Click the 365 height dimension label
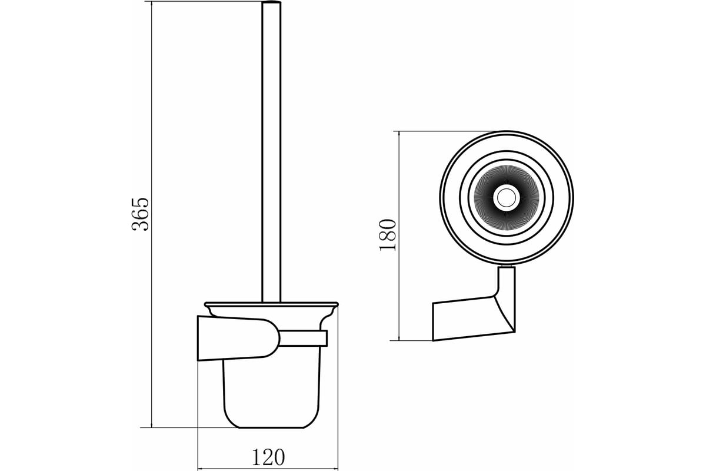click(x=140, y=214)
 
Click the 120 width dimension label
click(x=268, y=457)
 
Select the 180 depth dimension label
click(x=387, y=235)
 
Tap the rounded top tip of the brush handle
click(x=271, y=2)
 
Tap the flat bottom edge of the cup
click(x=271, y=428)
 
